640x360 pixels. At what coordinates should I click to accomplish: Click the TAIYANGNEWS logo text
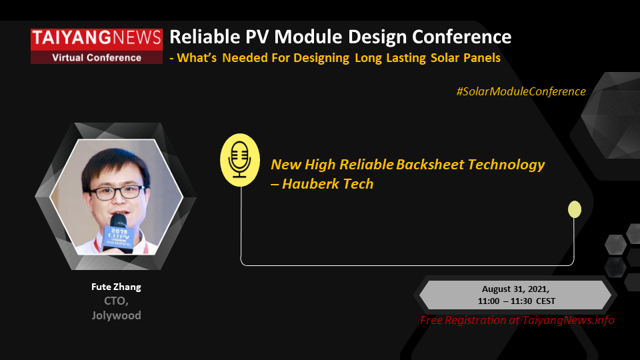[97, 38]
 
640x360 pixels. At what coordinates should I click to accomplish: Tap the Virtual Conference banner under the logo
[97, 57]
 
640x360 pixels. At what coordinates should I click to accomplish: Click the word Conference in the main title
[461, 37]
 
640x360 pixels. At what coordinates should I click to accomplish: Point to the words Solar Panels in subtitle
[466, 58]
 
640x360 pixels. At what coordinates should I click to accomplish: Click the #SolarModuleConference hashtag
[521, 91]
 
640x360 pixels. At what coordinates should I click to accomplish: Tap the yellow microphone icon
[240, 160]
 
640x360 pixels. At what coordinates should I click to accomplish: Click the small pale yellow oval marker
[575, 209]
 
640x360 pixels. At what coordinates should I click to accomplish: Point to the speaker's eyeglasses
[117, 191]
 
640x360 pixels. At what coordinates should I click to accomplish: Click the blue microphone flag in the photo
[119, 237]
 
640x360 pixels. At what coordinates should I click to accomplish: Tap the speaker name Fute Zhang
[116, 287]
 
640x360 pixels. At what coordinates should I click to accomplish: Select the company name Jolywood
[116, 315]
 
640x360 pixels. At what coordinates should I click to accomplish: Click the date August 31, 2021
[515, 289]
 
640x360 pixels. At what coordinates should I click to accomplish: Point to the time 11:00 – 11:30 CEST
[517, 301]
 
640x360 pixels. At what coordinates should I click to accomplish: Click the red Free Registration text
[517, 321]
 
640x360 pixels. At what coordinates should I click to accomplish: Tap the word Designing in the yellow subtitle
[321, 58]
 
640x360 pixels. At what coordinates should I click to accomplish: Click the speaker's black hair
[114, 163]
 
